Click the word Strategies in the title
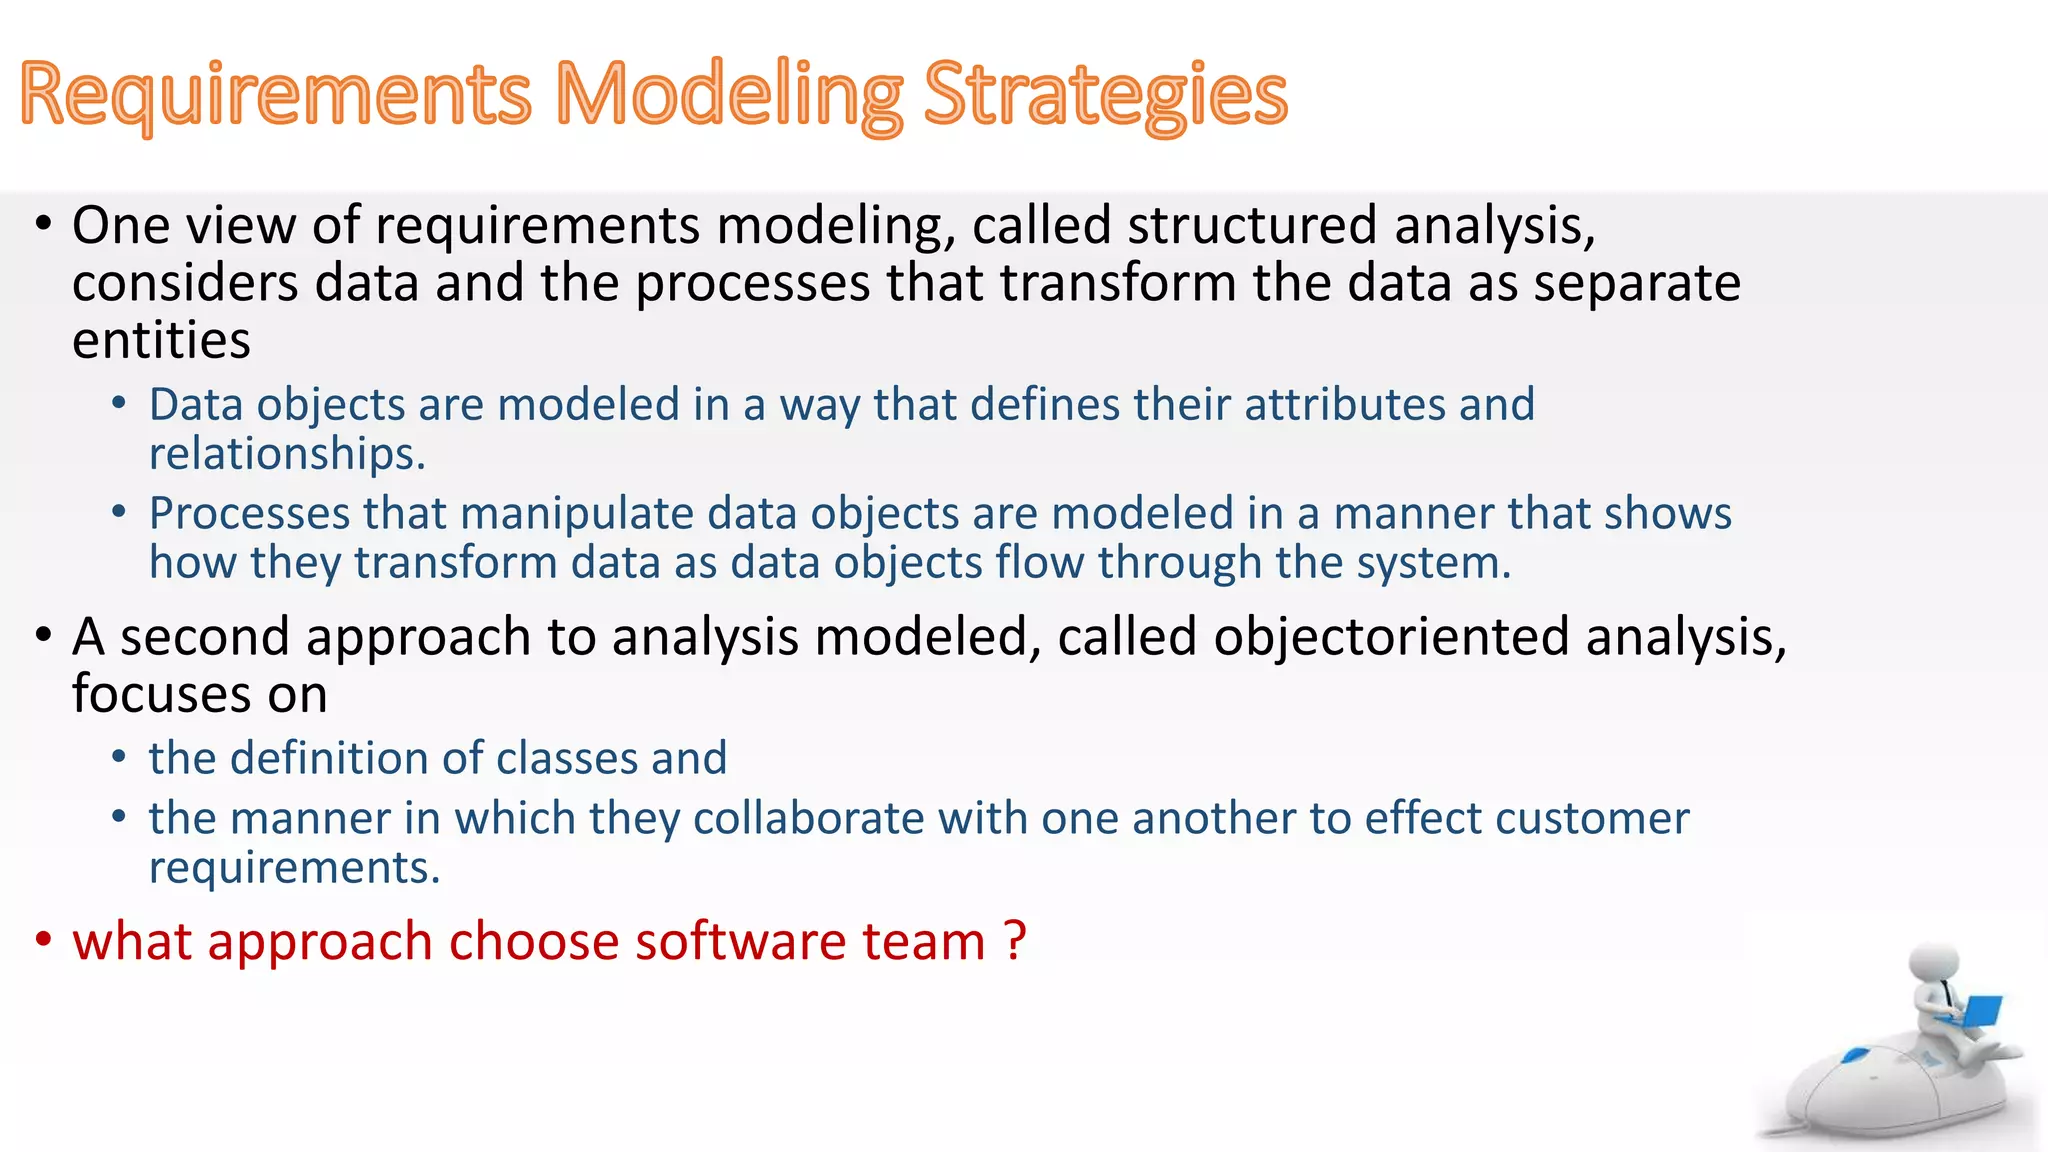click(1105, 95)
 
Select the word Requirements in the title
click(275, 95)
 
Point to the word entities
click(161, 341)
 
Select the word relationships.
click(286, 454)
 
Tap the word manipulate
click(576, 514)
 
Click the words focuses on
click(199, 695)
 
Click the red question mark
click(1014, 941)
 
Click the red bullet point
click(43, 941)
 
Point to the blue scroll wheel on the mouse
click(1856, 1054)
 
